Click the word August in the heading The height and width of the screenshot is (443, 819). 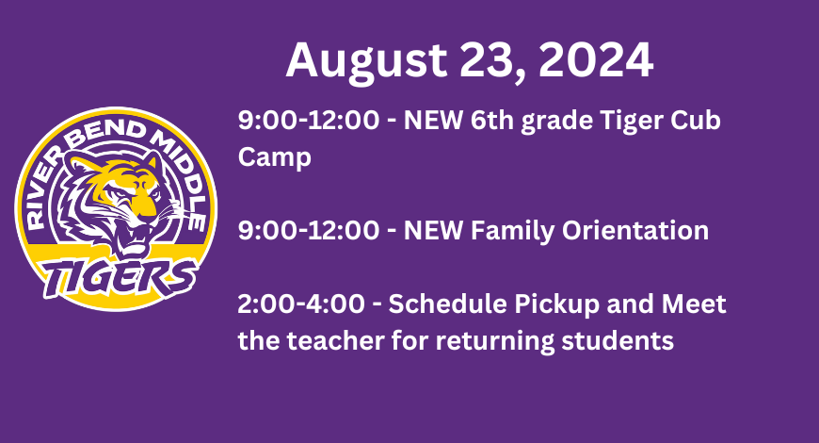(x=366, y=61)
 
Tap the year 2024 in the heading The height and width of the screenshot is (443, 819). (x=596, y=59)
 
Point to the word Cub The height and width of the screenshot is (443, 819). (x=696, y=121)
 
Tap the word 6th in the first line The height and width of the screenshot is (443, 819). (x=492, y=121)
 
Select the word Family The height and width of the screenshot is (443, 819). (x=512, y=231)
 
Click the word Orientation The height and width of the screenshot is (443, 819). (x=635, y=230)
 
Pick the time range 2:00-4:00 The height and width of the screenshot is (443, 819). (x=301, y=304)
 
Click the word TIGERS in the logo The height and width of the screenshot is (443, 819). (x=120, y=277)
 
